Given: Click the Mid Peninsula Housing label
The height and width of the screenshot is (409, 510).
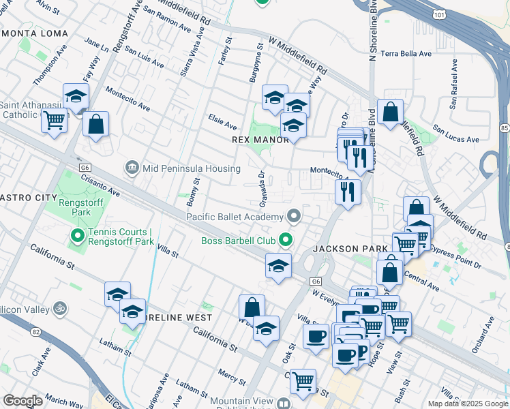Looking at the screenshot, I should [181, 167].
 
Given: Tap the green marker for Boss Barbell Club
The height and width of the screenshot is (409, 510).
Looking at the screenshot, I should [288, 240].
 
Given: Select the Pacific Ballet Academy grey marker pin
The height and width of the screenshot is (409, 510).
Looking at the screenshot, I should [295, 217].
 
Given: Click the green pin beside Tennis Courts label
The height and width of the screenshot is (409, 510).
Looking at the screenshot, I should [78, 237].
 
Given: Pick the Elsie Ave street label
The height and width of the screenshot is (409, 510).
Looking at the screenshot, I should [222, 126].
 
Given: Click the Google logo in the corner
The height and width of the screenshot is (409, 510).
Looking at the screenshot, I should [22, 401].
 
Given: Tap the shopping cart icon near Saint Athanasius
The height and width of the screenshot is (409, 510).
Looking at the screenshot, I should [54, 121].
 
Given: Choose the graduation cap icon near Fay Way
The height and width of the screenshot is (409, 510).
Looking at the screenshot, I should [76, 96].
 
